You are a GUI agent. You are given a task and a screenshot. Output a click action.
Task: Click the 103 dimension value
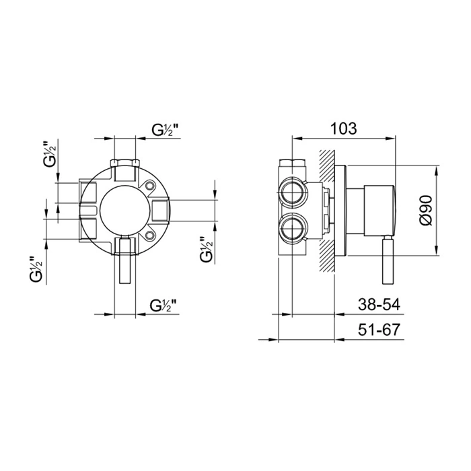coord(343,129)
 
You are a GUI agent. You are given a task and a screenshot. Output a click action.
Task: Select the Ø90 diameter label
coord(426,210)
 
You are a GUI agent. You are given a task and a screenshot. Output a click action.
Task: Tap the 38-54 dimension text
coord(379,305)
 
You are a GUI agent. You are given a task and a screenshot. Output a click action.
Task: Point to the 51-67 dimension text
coord(379,330)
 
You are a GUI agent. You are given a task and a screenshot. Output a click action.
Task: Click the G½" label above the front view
coord(164,130)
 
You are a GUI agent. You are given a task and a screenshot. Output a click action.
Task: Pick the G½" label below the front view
coord(163,305)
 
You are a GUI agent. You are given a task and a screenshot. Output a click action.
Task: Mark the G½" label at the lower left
coord(36,269)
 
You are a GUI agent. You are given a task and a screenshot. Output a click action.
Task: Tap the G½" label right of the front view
coord(207,250)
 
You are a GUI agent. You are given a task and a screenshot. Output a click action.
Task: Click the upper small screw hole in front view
coord(149,186)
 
